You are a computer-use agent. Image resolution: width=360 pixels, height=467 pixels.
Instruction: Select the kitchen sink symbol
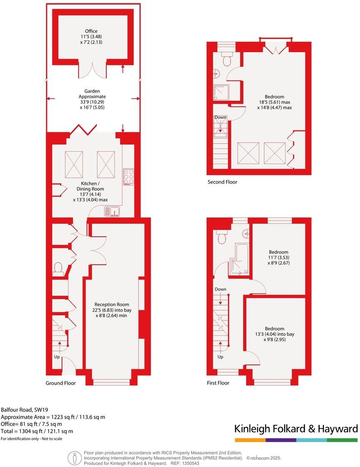(114, 212)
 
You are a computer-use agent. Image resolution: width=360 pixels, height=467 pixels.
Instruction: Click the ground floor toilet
(58, 267)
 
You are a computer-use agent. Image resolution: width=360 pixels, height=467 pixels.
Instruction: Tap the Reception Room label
(112, 310)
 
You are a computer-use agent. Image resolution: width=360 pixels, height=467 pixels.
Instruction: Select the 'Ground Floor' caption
(61, 383)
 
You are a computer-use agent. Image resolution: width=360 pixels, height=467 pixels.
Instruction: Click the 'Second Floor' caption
(222, 182)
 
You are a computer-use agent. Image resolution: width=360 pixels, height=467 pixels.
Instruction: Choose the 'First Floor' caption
(218, 383)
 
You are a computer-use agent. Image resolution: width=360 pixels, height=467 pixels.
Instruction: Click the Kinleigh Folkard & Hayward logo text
(296, 429)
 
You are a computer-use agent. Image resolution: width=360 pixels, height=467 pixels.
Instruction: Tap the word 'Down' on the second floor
(220, 117)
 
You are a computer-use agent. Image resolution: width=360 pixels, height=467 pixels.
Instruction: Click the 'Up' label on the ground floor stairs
(57, 357)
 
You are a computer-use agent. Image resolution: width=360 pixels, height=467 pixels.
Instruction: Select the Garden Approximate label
(92, 96)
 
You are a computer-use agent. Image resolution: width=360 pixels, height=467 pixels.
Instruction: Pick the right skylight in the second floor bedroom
(275, 153)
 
